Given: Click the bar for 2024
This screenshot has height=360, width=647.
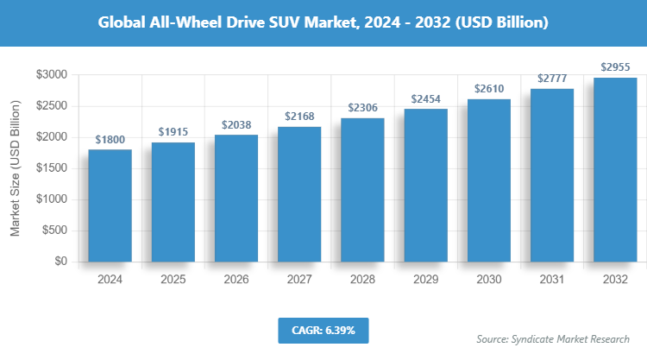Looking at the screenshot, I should click(110, 205).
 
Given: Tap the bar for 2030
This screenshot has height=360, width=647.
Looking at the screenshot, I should click(488, 180).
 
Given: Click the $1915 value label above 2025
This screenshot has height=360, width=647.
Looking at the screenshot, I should click(173, 131).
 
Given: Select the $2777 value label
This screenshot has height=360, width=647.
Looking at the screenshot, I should click(552, 78).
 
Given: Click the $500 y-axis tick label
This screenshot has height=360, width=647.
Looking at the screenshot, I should click(54, 231).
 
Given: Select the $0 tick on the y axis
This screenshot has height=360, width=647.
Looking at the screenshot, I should click(60, 262).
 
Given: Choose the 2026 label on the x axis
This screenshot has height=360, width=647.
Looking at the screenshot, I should click(236, 280).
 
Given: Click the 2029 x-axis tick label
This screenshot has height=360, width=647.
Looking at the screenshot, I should click(425, 280).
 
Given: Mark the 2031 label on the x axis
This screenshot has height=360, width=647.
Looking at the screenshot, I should click(552, 280).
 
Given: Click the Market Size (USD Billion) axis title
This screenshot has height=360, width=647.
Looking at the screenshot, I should click(15, 167).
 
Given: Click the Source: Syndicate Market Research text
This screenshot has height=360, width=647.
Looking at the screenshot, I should click(553, 339).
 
